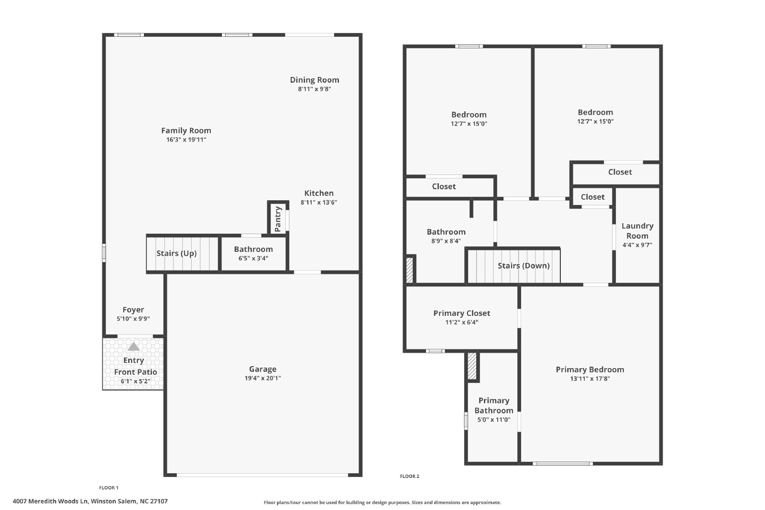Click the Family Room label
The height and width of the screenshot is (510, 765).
coord(186,130)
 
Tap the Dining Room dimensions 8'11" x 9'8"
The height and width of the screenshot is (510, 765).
coord(314,89)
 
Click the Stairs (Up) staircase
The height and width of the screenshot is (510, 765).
coord(182,253)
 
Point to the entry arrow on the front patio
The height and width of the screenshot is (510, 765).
coord(133,347)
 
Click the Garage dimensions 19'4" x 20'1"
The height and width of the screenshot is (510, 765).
coord(262,378)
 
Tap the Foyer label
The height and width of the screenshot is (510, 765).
coord(133,310)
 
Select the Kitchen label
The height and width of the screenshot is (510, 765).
coord(318,193)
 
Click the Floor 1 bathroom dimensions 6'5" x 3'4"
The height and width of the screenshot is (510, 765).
coord(253,259)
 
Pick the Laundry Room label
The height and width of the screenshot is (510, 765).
coord(637,231)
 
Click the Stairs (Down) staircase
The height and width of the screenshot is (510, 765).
coord(514,266)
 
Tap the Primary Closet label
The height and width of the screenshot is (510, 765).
coord(462,314)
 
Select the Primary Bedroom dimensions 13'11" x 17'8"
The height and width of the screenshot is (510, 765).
coord(590,379)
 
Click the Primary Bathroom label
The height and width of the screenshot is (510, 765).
coord(494,405)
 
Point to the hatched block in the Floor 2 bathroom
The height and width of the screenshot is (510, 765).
coord(409,270)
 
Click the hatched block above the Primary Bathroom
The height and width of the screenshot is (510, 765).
coord(471,366)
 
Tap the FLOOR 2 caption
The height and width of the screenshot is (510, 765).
coord(409,476)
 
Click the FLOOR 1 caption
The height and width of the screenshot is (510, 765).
coord(109,488)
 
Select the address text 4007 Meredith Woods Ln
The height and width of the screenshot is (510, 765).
coord(50,501)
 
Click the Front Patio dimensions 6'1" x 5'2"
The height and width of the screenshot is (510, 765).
coord(136,381)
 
